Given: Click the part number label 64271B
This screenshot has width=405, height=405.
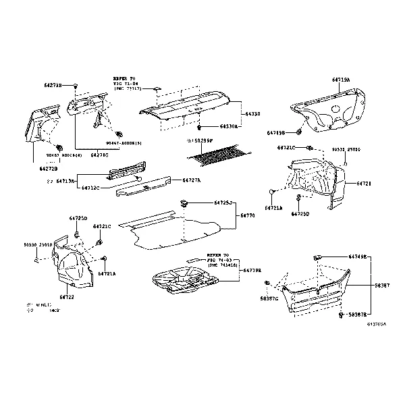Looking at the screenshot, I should click(x=53, y=86).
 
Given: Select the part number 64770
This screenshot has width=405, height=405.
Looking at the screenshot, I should click(x=248, y=216).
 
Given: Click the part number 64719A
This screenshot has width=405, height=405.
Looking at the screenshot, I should click(x=340, y=80).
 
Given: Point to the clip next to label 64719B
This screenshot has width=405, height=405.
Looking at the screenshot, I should click(x=300, y=132).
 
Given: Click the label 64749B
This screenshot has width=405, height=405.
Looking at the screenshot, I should click(x=358, y=257).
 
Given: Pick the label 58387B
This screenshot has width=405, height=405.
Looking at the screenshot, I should click(x=358, y=315).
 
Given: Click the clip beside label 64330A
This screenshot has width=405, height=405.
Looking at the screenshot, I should click(x=201, y=126).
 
